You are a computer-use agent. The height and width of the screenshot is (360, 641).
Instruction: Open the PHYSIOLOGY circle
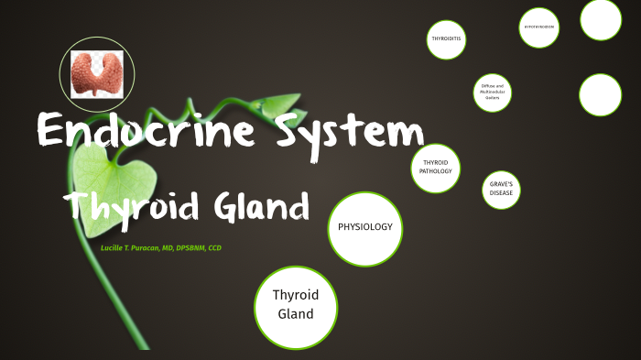tap(365, 228)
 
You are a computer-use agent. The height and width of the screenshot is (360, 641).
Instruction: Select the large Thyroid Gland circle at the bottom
tap(295, 306)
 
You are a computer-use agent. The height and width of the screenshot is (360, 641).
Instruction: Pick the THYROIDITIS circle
tap(447, 38)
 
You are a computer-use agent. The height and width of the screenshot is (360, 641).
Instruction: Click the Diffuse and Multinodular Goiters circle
tap(493, 93)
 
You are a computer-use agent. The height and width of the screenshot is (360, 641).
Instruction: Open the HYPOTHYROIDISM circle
tap(539, 27)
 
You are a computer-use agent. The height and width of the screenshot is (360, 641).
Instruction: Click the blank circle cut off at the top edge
tap(601, 18)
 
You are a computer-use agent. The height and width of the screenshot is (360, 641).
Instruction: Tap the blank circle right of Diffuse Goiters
tap(601, 94)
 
